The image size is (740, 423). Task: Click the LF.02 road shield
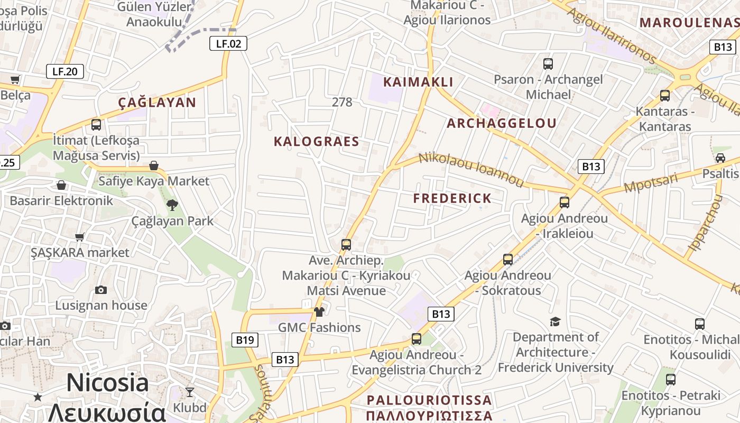[x=228, y=43]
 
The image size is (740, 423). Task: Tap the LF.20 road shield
[x=65, y=71]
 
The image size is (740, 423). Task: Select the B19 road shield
[x=245, y=340]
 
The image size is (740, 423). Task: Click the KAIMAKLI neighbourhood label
[x=418, y=82]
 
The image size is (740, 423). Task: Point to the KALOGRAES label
[x=316, y=141]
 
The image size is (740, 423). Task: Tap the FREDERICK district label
[x=452, y=198]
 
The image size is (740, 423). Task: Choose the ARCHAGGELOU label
[x=501, y=123]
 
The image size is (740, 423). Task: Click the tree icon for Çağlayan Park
[x=172, y=205]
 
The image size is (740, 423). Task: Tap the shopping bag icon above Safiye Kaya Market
[x=154, y=165]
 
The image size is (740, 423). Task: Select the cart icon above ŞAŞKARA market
[x=80, y=237]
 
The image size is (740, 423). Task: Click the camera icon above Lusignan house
[x=101, y=290]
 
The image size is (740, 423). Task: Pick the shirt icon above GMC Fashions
[x=319, y=312]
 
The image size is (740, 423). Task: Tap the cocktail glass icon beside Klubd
[x=190, y=392]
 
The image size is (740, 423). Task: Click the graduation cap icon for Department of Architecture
[x=555, y=321]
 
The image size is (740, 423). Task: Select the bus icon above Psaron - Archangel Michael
[x=548, y=64]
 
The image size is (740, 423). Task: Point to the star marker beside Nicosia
[x=38, y=397]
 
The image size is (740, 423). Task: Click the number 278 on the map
[x=342, y=103]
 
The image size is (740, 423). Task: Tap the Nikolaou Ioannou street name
[x=470, y=170]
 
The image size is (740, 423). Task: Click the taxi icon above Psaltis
[x=720, y=158]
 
